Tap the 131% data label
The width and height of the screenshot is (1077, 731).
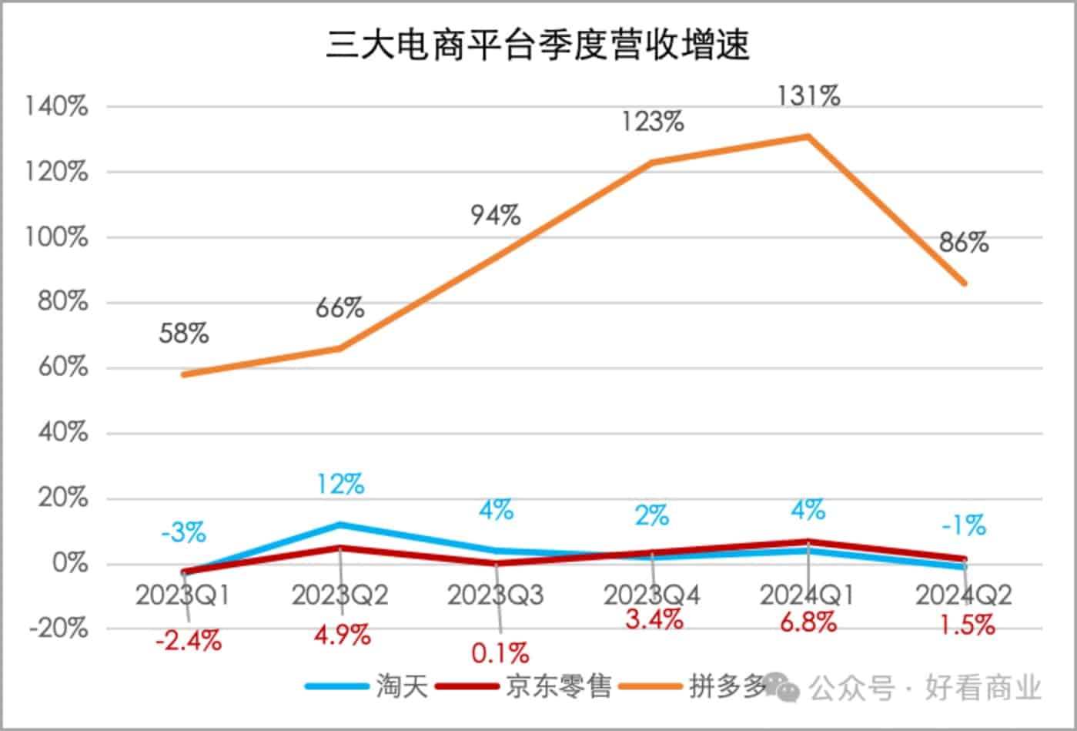coord(808,96)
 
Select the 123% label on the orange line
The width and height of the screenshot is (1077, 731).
coord(653,122)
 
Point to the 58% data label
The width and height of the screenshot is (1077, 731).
coord(184,334)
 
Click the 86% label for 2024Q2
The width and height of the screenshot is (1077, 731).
coord(963,243)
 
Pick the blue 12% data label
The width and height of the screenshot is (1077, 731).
coord(340,484)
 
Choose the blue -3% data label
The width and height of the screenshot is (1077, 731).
coord(183,531)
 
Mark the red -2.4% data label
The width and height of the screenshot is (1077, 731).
coord(188,640)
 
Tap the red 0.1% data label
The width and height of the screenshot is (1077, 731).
coord(500,653)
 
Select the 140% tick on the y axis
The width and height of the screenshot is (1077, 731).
coord(57,107)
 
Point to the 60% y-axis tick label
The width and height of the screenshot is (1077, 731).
coord(62,367)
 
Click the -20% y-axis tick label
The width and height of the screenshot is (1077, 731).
coord(59,629)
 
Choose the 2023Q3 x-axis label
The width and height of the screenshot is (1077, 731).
coord(496,595)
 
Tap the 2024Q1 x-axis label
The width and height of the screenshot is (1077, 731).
coord(808,595)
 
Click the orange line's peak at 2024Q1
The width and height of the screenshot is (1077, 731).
coord(808,136)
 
